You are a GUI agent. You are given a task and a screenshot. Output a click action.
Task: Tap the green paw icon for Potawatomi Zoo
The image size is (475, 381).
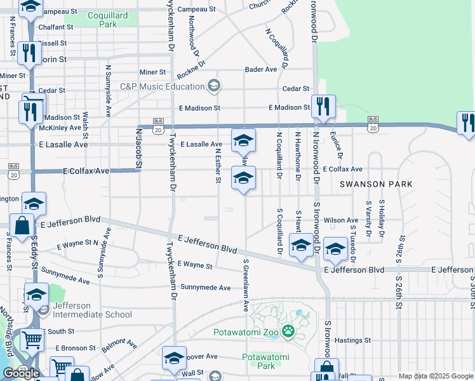click(288, 330)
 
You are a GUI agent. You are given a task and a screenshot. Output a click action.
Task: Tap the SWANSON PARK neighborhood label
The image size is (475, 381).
click(376, 184)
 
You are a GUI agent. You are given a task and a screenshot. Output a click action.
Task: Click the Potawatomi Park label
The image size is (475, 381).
click(267, 361)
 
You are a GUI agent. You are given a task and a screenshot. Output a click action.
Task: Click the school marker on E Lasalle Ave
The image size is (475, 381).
click(243, 140)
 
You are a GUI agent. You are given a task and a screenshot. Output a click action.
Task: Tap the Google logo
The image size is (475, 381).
click(21, 373)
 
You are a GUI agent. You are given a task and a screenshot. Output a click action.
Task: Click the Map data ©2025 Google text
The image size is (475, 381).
click(435, 376)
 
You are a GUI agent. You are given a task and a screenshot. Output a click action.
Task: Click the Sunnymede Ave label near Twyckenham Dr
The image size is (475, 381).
click(205, 288)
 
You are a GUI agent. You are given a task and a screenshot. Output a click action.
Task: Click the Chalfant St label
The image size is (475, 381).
click(56, 28)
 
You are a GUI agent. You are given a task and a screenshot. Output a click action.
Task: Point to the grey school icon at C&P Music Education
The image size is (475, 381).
click(214, 86)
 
